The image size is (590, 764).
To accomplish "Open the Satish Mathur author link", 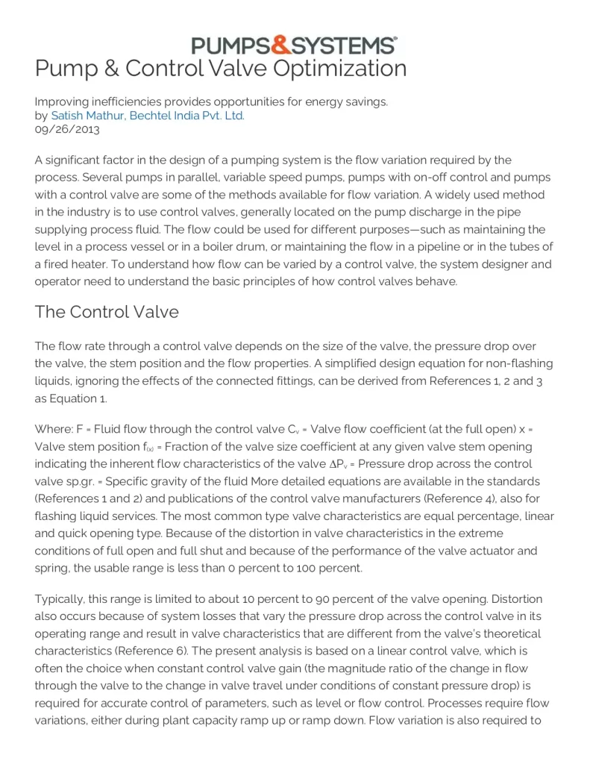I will point(87,116).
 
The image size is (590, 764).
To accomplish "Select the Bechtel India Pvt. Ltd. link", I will point(186,116).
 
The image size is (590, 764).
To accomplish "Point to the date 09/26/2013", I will point(67,129).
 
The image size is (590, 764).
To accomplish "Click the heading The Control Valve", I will point(107,311).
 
